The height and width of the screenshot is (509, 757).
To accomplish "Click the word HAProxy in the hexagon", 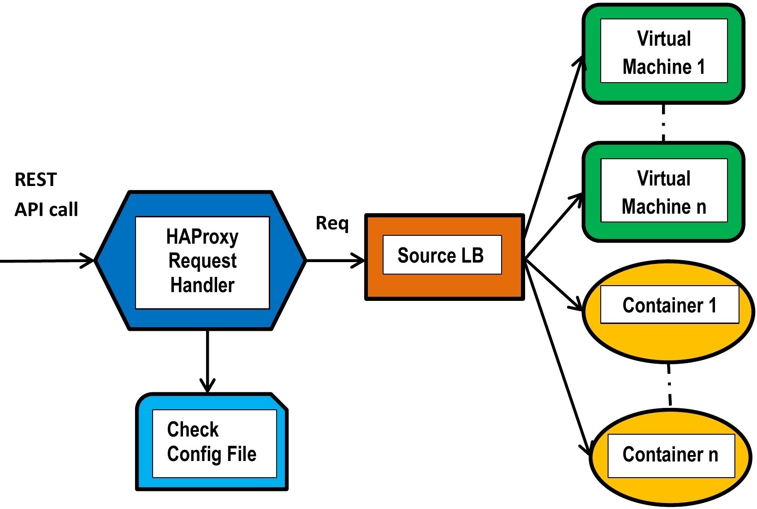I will [x=202, y=237].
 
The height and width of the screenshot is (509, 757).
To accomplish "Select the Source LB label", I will [x=441, y=255].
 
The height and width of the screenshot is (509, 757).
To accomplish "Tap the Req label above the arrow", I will [x=332, y=224].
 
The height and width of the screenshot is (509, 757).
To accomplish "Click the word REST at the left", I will [x=35, y=180].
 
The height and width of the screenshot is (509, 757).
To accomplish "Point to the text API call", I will [x=46, y=210].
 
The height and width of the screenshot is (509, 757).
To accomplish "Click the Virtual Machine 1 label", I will [x=663, y=52].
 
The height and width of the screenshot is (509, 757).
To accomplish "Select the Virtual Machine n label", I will [x=663, y=192].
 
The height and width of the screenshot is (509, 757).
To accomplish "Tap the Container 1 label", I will [x=669, y=305].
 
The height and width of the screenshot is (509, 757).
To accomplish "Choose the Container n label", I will [x=670, y=455].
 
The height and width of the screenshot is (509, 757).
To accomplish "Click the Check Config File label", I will [x=211, y=442].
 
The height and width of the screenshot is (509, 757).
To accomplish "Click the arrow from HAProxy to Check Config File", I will [x=207, y=360].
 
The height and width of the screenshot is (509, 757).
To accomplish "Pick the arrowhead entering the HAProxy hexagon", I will [x=88, y=261].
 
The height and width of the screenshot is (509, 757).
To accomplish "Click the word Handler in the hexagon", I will [x=202, y=285].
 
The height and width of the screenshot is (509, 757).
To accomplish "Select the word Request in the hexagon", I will [x=202, y=261].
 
